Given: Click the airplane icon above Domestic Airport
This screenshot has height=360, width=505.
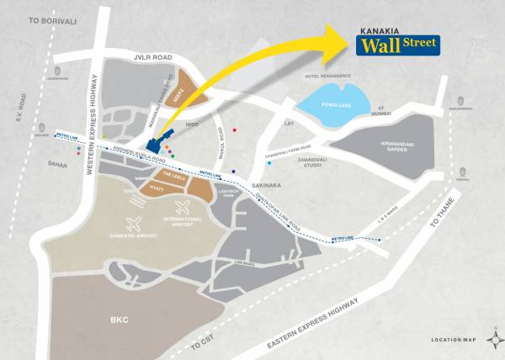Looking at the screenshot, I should tap(132, 224).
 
